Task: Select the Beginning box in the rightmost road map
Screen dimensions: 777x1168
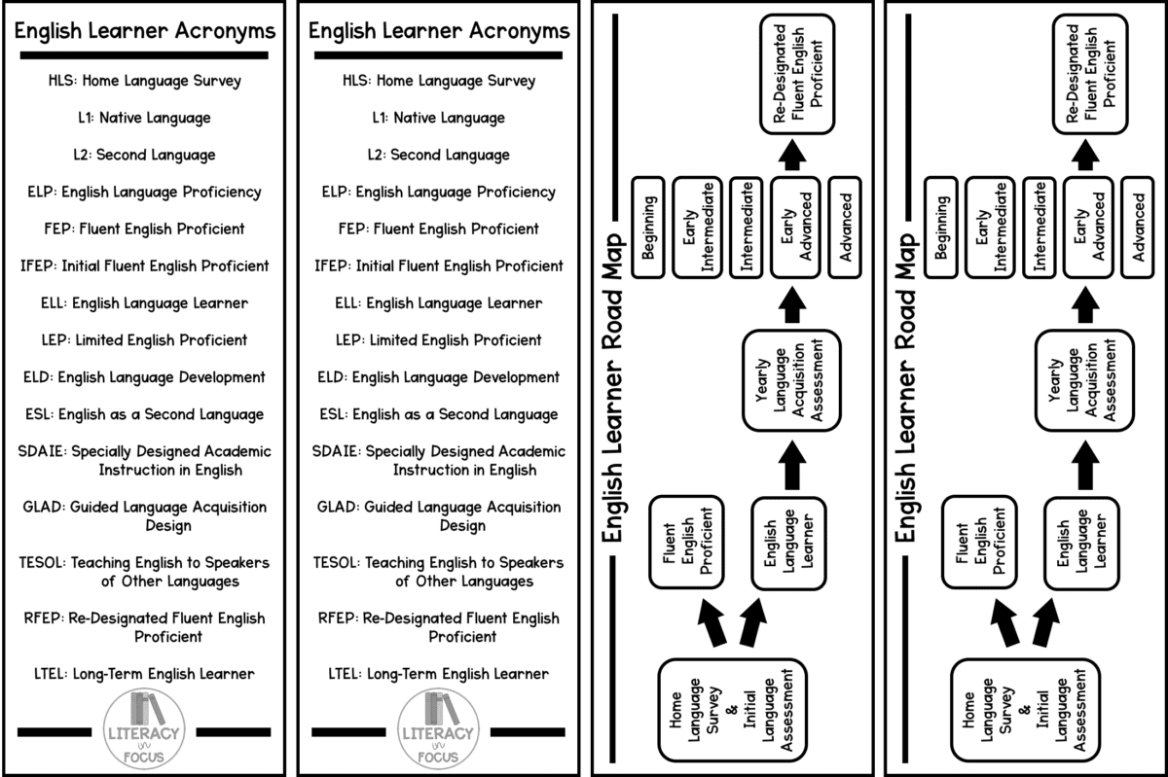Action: [940, 228]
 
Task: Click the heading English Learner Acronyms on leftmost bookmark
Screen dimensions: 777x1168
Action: [145, 31]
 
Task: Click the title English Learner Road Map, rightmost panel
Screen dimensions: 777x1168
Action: [906, 389]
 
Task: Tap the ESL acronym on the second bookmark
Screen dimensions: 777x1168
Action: [332, 415]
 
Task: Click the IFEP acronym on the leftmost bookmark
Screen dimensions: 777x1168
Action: [36, 266]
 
